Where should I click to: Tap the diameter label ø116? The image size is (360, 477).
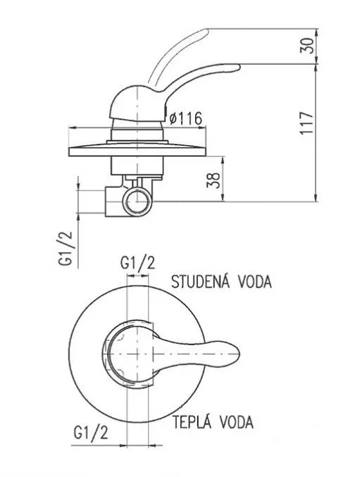[x=187, y=119]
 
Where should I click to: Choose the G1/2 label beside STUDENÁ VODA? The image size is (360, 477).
[x=138, y=263]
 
